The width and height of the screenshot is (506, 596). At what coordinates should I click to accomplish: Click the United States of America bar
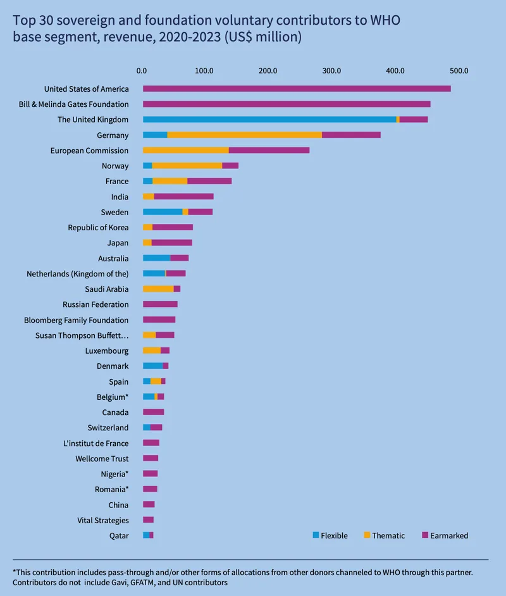pos(297,89)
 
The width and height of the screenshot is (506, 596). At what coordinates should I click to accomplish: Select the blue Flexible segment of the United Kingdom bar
pos(269,120)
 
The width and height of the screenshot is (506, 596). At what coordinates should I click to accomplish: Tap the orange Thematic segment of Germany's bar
pos(244,135)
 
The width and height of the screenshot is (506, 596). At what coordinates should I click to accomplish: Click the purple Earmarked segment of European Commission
pos(269,151)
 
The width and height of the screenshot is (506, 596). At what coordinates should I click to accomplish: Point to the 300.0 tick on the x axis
pos(332,70)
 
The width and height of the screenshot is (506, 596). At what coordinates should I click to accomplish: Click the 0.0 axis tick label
pos(142,70)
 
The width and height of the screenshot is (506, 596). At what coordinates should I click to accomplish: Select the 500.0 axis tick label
pos(459,70)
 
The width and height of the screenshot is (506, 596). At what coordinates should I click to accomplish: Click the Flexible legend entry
pos(330,535)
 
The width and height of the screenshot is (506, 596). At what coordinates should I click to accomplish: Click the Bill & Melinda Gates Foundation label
pos(73,104)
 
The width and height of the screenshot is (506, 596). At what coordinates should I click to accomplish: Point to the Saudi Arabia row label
pos(106,289)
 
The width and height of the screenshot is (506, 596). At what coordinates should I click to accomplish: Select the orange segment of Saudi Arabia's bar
pos(158,289)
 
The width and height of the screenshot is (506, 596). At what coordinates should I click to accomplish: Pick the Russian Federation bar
pos(160,304)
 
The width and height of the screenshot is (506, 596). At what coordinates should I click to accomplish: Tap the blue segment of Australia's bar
pos(156,258)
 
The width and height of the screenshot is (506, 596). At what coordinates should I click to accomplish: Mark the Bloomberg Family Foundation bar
pos(159,320)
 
